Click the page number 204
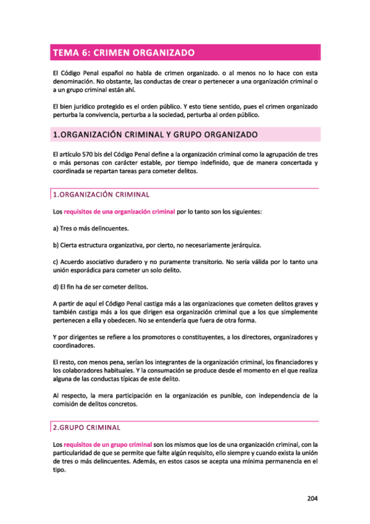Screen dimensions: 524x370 312,501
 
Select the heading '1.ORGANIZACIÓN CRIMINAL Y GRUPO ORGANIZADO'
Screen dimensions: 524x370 152,134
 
